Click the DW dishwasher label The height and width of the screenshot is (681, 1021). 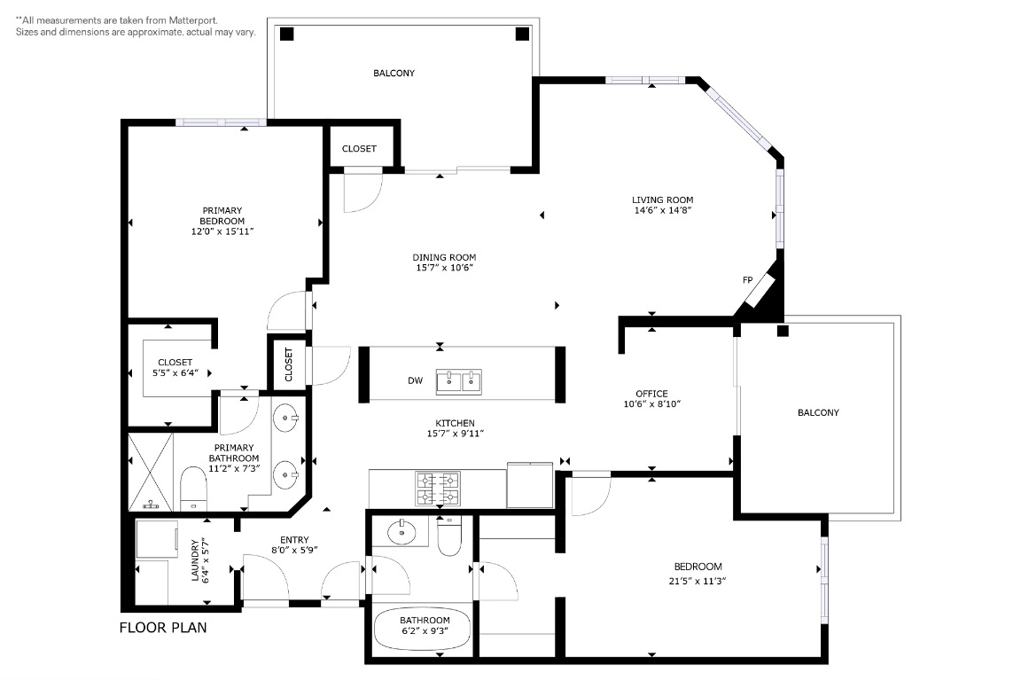(415, 380)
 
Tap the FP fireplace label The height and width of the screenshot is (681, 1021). (747, 280)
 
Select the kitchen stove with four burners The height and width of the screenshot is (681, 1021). (438, 489)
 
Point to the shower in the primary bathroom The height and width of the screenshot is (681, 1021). (154, 471)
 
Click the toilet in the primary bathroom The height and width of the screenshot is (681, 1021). (192, 489)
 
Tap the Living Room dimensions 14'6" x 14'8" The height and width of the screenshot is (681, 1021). (662, 211)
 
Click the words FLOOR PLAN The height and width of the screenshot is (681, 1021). (163, 629)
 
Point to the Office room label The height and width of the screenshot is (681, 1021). (651, 394)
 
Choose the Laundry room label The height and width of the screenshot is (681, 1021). (196, 560)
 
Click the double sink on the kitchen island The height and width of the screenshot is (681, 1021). (459, 381)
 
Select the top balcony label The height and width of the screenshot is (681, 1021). (394, 74)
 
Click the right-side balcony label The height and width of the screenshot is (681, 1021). (818, 412)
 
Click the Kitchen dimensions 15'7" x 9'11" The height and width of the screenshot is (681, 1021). (456, 434)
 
